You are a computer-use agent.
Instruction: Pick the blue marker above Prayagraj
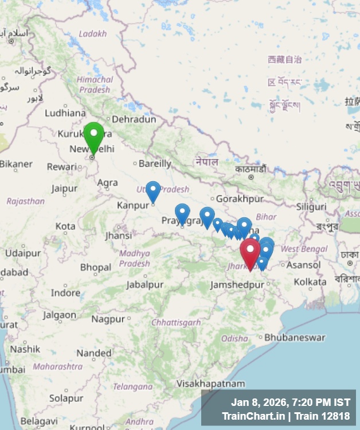[182, 213]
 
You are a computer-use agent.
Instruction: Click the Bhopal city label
[96, 268]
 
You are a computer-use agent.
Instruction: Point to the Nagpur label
[108, 319]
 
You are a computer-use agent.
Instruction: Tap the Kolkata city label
[310, 282]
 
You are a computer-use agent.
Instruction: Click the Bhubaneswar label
[295, 338]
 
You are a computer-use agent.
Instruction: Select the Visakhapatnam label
[211, 384]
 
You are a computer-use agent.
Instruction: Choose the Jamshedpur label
[237, 285]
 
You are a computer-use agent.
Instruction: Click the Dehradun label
[134, 120]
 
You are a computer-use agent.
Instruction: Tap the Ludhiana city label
[65, 113]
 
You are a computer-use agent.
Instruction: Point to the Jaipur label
[64, 188]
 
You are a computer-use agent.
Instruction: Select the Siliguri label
[311, 206]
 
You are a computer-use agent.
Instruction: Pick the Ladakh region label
[93, 34]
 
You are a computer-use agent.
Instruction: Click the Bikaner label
[16, 164]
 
